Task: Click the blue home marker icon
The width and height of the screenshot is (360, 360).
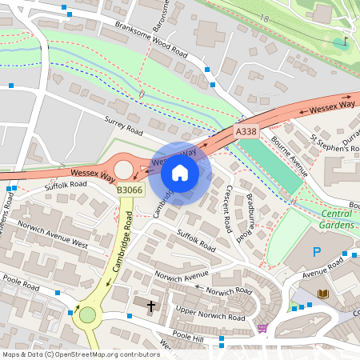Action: point(180,173)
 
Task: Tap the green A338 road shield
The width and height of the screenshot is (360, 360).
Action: point(246,130)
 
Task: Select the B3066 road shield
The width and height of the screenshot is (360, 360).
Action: point(130,190)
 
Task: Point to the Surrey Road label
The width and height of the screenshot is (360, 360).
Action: point(122,125)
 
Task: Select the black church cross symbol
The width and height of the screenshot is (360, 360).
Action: point(151,306)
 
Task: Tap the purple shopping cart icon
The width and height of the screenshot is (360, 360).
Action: point(263,328)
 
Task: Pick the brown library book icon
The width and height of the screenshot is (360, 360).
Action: point(323,294)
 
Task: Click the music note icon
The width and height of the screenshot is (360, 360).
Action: point(346,41)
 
